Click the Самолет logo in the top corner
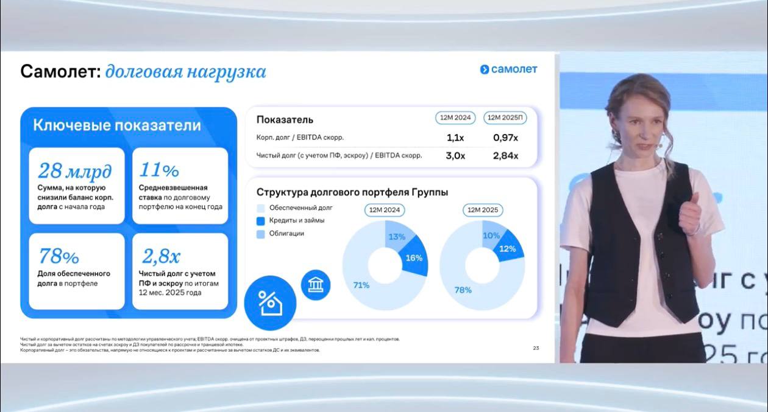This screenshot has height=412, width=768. click(x=508, y=69)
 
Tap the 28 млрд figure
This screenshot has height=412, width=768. click(x=74, y=170)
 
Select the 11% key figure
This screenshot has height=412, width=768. click(x=159, y=170)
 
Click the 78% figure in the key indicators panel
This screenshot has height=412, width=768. click(x=59, y=256)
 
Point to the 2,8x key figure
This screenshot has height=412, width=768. click(x=161, y=256)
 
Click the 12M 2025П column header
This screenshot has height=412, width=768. click(x=505, y=118)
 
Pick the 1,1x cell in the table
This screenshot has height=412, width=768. click(x=455, y=138)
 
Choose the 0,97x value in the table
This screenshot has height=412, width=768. click(x=505, y=138)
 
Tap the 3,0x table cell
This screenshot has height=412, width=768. click(x=455, y=156)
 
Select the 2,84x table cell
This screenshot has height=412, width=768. click(x=505, y=156)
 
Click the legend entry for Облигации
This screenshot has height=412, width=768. click(x=286, y=234)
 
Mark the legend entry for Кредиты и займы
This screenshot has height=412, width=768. click(x=296, y=220)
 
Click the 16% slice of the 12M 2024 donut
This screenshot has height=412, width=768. click(x=414, y=257)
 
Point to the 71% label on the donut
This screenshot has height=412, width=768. click(x=361, y=284)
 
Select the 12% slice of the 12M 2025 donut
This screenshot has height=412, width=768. click(x=507, y=248)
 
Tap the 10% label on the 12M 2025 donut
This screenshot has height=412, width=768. click(x=491, y=236)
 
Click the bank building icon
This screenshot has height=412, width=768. click(x=315, y=285)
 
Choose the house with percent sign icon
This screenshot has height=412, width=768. click(x=269, y=302)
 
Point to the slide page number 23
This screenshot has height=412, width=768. click(x=536, y=348)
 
